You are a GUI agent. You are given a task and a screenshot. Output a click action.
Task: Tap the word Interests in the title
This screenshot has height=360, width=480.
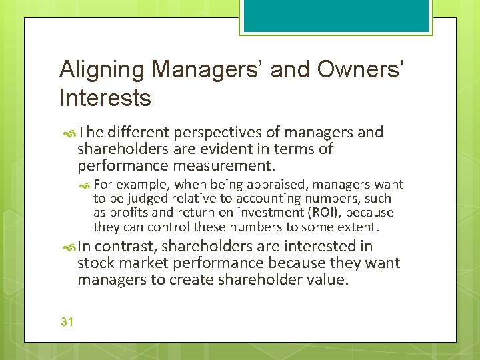coord(105,98)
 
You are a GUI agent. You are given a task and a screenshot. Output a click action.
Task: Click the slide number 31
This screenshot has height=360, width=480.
coord(67,322)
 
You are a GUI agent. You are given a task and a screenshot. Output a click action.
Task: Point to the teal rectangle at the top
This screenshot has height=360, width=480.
coord(335,15)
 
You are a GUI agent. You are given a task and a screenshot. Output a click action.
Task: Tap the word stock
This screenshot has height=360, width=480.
coord(95,263)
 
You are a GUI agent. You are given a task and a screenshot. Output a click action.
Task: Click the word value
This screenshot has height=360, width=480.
coord(327,279)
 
